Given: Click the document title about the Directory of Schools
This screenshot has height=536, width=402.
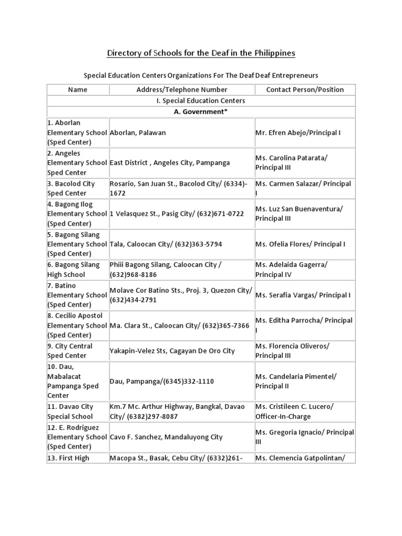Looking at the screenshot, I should coord(201,53).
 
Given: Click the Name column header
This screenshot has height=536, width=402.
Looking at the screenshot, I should coord(78,90).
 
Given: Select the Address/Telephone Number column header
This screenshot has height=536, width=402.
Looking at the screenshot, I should coord(182,90).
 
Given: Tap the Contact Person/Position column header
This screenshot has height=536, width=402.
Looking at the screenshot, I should coord(305,90).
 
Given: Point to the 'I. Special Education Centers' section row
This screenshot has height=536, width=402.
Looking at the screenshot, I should coord(201,100).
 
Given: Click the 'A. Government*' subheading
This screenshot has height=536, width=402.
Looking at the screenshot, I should coord(201,111).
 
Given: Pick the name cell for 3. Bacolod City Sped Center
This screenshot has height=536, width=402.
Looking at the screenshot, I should coord(77,188).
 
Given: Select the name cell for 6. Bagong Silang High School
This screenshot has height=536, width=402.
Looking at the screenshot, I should coord(77,270).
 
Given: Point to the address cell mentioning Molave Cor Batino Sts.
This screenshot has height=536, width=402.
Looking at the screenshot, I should coord(181,295).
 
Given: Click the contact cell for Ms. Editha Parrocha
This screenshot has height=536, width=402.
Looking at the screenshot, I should coord(304,325).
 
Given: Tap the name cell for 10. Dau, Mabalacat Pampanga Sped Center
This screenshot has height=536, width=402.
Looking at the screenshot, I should coord(77,381).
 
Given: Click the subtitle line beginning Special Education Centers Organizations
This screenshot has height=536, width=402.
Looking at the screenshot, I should coord(201,75).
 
